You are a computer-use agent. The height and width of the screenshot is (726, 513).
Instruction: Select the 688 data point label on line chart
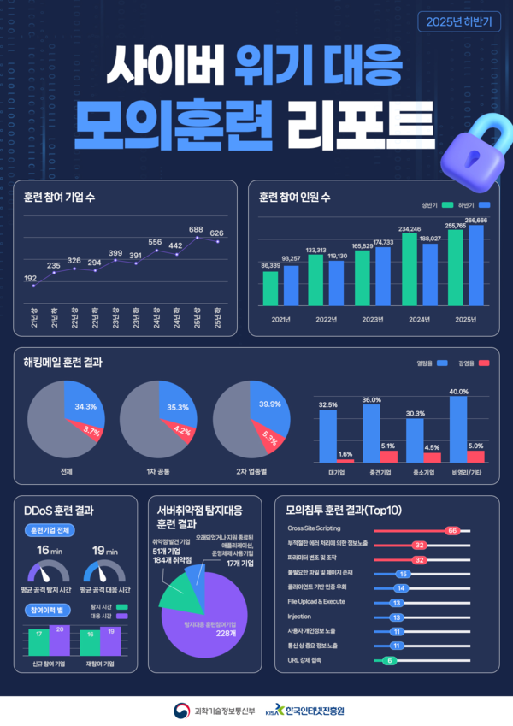[196, 230]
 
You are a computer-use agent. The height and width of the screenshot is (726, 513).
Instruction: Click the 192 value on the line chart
[30, 278]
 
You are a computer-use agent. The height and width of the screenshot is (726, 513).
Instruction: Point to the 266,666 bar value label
[476, 220]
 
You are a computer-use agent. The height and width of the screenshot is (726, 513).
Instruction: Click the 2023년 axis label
[372, 319]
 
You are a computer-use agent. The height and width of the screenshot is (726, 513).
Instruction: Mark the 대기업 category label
[335, 471]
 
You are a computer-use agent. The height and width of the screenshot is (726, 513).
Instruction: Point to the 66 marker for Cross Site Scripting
[453, 530]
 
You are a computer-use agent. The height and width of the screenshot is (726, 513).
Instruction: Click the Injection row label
[299, 616]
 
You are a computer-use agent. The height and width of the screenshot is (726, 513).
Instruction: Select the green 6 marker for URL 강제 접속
[390, 660]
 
